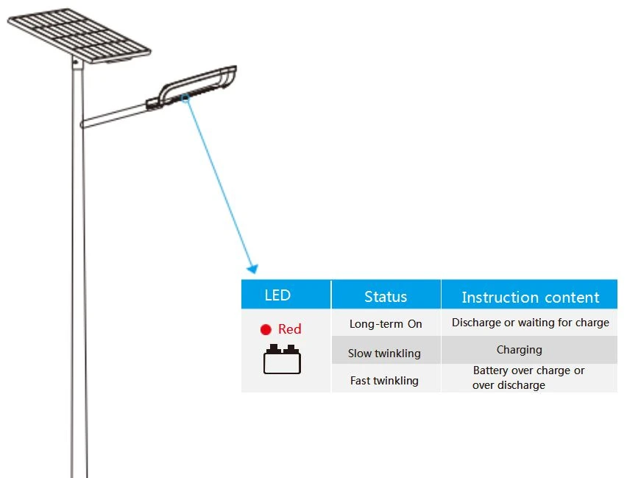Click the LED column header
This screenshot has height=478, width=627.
point(277,295)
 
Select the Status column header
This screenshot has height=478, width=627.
point(386,297)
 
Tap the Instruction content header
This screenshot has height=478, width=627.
point(531,298)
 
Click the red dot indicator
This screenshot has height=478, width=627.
point(266,329)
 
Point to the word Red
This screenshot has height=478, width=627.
point(289,329)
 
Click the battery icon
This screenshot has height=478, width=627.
point(282,359)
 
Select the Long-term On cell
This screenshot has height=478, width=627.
point(386,323)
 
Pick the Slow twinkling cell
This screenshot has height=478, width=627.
point(384,353)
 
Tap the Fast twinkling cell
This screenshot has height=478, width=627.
point(384,380)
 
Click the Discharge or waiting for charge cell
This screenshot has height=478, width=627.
point(531,323)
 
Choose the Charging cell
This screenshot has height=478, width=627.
point(520,350)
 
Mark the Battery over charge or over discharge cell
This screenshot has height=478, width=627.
point(528,378)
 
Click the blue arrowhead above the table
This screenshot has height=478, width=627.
point(253,269)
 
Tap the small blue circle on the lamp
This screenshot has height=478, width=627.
point(185,97)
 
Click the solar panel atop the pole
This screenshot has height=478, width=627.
point(79,35)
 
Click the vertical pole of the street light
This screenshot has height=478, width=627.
point(79,268)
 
